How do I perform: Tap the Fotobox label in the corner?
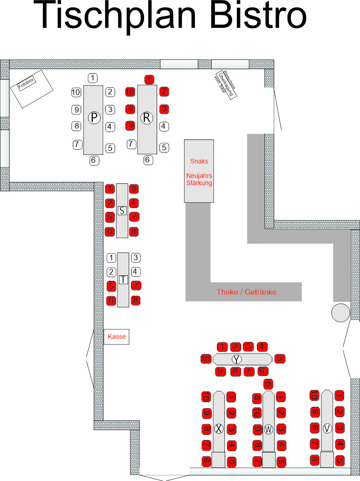[x=26, y=84]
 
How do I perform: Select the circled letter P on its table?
[x=94, y=118]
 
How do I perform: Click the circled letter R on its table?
[x=147, y=118]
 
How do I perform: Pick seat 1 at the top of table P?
[x=93, y=77]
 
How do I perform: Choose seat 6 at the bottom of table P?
[x=93, y=160]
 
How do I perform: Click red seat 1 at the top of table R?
[x=148, y=79]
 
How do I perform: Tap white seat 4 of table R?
[x=164, y=125]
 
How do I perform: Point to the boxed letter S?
[x=122, y=210]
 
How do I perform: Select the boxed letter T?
[x=123, y=279]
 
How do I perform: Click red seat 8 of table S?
[x=134, y=231]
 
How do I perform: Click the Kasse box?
[x=116, y=336]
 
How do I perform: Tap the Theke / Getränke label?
[x=246, y=292]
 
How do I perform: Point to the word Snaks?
[x=199, y=161]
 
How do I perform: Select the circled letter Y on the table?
[x=237, y=359]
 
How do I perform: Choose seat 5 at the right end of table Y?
[x=279, y=359]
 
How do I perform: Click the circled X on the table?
[x=219, y=428]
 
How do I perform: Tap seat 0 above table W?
[x=268, y=384]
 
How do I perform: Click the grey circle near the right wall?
[x=340, y=312]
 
